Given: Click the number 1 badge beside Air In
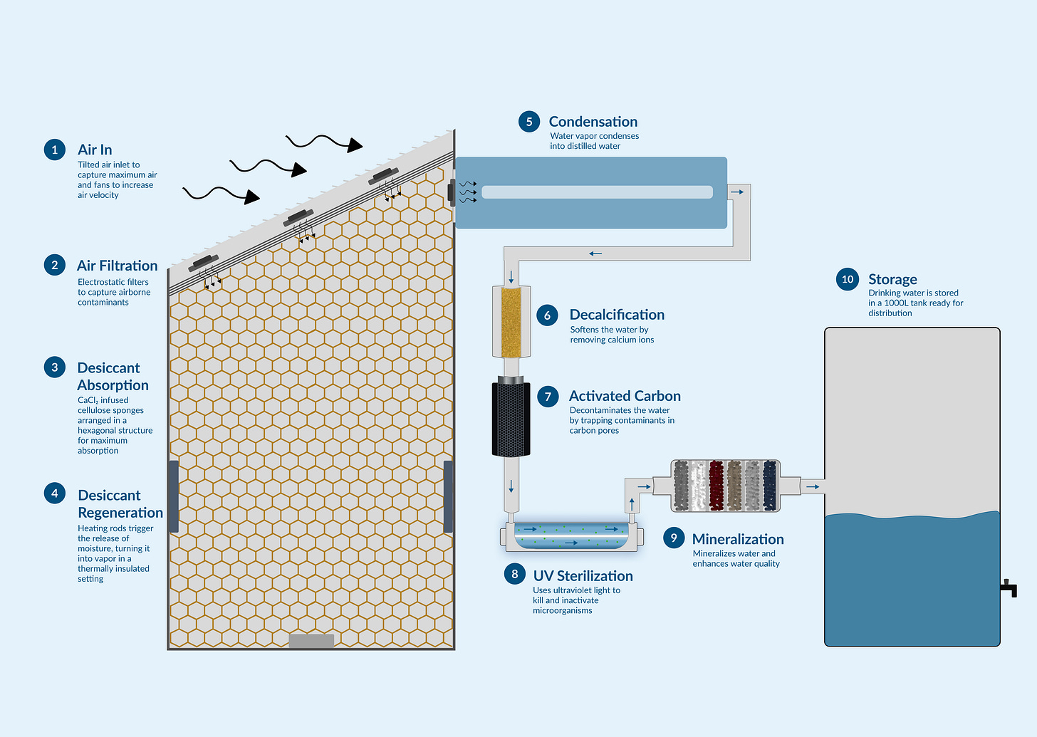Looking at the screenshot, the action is click(x=55, y=150).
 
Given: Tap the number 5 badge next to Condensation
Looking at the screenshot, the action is click(x=529, y=122).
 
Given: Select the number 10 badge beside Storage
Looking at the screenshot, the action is click(x=848, y=279).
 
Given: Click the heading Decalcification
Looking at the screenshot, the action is click(x=617, y=315).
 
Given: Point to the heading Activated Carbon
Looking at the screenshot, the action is click(x=625, y=396).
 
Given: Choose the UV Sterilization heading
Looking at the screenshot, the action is click(x=583, y=576).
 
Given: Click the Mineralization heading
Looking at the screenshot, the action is click(x=738, y=539).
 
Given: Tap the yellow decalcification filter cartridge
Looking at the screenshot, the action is click(x=511, y=322).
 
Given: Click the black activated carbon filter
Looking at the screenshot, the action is click(x=511, y=419).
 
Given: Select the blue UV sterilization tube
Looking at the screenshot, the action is click(x=572, y=536).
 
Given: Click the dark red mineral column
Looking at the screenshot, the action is click(x=716, y=486).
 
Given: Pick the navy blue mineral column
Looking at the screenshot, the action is click(x=769, y=486).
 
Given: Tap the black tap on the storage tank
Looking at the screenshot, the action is click(x=1009, y=588).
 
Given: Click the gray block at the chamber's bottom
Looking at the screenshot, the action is click(x=311, y=641).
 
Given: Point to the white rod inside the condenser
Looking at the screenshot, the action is click(x=597, y=192).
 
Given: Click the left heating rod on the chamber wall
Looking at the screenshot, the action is click(x=173, y=496).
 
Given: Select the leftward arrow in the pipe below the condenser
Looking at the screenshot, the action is click(x=595, y=253).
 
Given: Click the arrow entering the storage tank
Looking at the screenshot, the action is click(x=813, y=487).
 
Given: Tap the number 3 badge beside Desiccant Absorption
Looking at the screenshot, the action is click(x=55, y=367).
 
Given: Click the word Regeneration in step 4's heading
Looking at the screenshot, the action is click(x=120, y=513).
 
